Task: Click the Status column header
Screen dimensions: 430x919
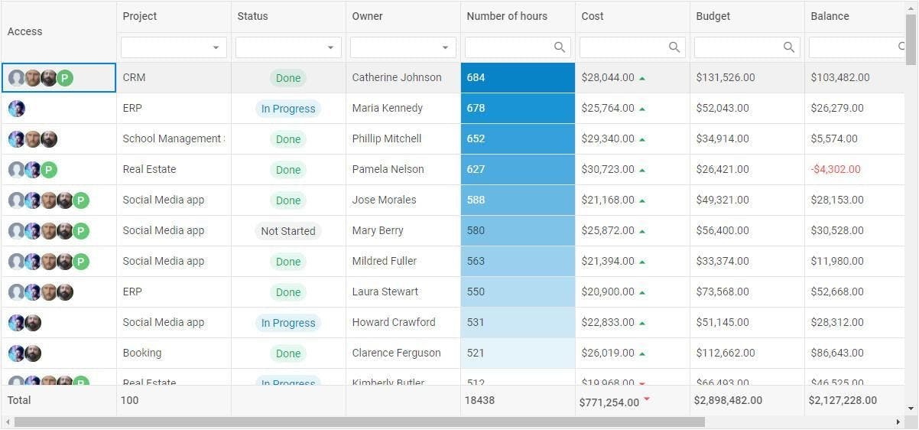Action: pyautogui.click(x=252, y=16)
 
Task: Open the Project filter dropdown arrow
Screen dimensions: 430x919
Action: pyautogui.click(x=216, y=47)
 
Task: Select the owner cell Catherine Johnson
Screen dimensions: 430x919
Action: pyautogui.click(x=397, y=77)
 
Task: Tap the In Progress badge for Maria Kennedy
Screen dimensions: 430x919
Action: pyautogui.click(x=288, y=109)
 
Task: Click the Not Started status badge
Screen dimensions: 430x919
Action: pyautogui.click(x=288, y=231)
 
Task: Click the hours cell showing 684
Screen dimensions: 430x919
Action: pyautogui.click(x=476, y=77)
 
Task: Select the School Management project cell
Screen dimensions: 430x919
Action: pyautogui.click(x=173, y=138)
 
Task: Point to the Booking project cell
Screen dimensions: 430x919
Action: pyautogui.click(x=142, y=353)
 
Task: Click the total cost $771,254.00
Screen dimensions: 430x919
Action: pyautogui.click(x=609, y=402)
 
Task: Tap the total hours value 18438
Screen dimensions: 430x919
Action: pyautogui.click(x=479, y=400)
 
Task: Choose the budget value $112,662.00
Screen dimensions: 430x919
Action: pyautogui.click(x=726, y=353)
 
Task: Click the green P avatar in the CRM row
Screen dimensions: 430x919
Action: pyautogui.click(x=66, y=78)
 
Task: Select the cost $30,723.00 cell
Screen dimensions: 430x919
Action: pyautogui.click(x=608, y=169)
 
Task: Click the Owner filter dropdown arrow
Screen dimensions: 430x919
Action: pyautogui.click(x=445, y=47)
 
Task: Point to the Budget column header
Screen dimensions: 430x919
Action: pyautogui.click(x=713, y=16)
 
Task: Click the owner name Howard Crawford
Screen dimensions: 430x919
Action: pyautogui.click(x=394, y=322)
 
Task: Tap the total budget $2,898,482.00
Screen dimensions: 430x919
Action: pyautogui.click(x=728, y=400)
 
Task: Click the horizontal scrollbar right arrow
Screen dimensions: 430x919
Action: pyautogui.click(x=898, y=422)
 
